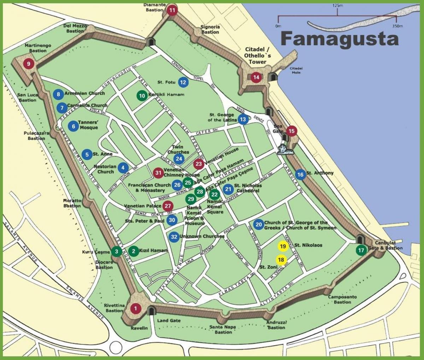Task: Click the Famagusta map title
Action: [339, 39]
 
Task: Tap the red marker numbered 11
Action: [172, 10]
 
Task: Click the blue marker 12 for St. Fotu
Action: [183, 82]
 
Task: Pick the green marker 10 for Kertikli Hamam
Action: [142, 95]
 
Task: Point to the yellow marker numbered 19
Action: [283, 246]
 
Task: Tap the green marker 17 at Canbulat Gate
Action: [361, 250]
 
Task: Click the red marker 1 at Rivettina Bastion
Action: [135, 308]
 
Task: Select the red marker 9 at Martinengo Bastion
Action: [29, 64]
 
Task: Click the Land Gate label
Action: [169, 320]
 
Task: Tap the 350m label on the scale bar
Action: [397, 26]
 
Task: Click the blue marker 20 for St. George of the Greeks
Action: [258, 224]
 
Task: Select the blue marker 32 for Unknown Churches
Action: [173, 237]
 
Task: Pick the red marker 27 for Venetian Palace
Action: [168, 206]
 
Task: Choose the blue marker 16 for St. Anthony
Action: [300, 174]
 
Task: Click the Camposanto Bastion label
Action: [342, 300]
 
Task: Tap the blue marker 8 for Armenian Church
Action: [58, 94]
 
